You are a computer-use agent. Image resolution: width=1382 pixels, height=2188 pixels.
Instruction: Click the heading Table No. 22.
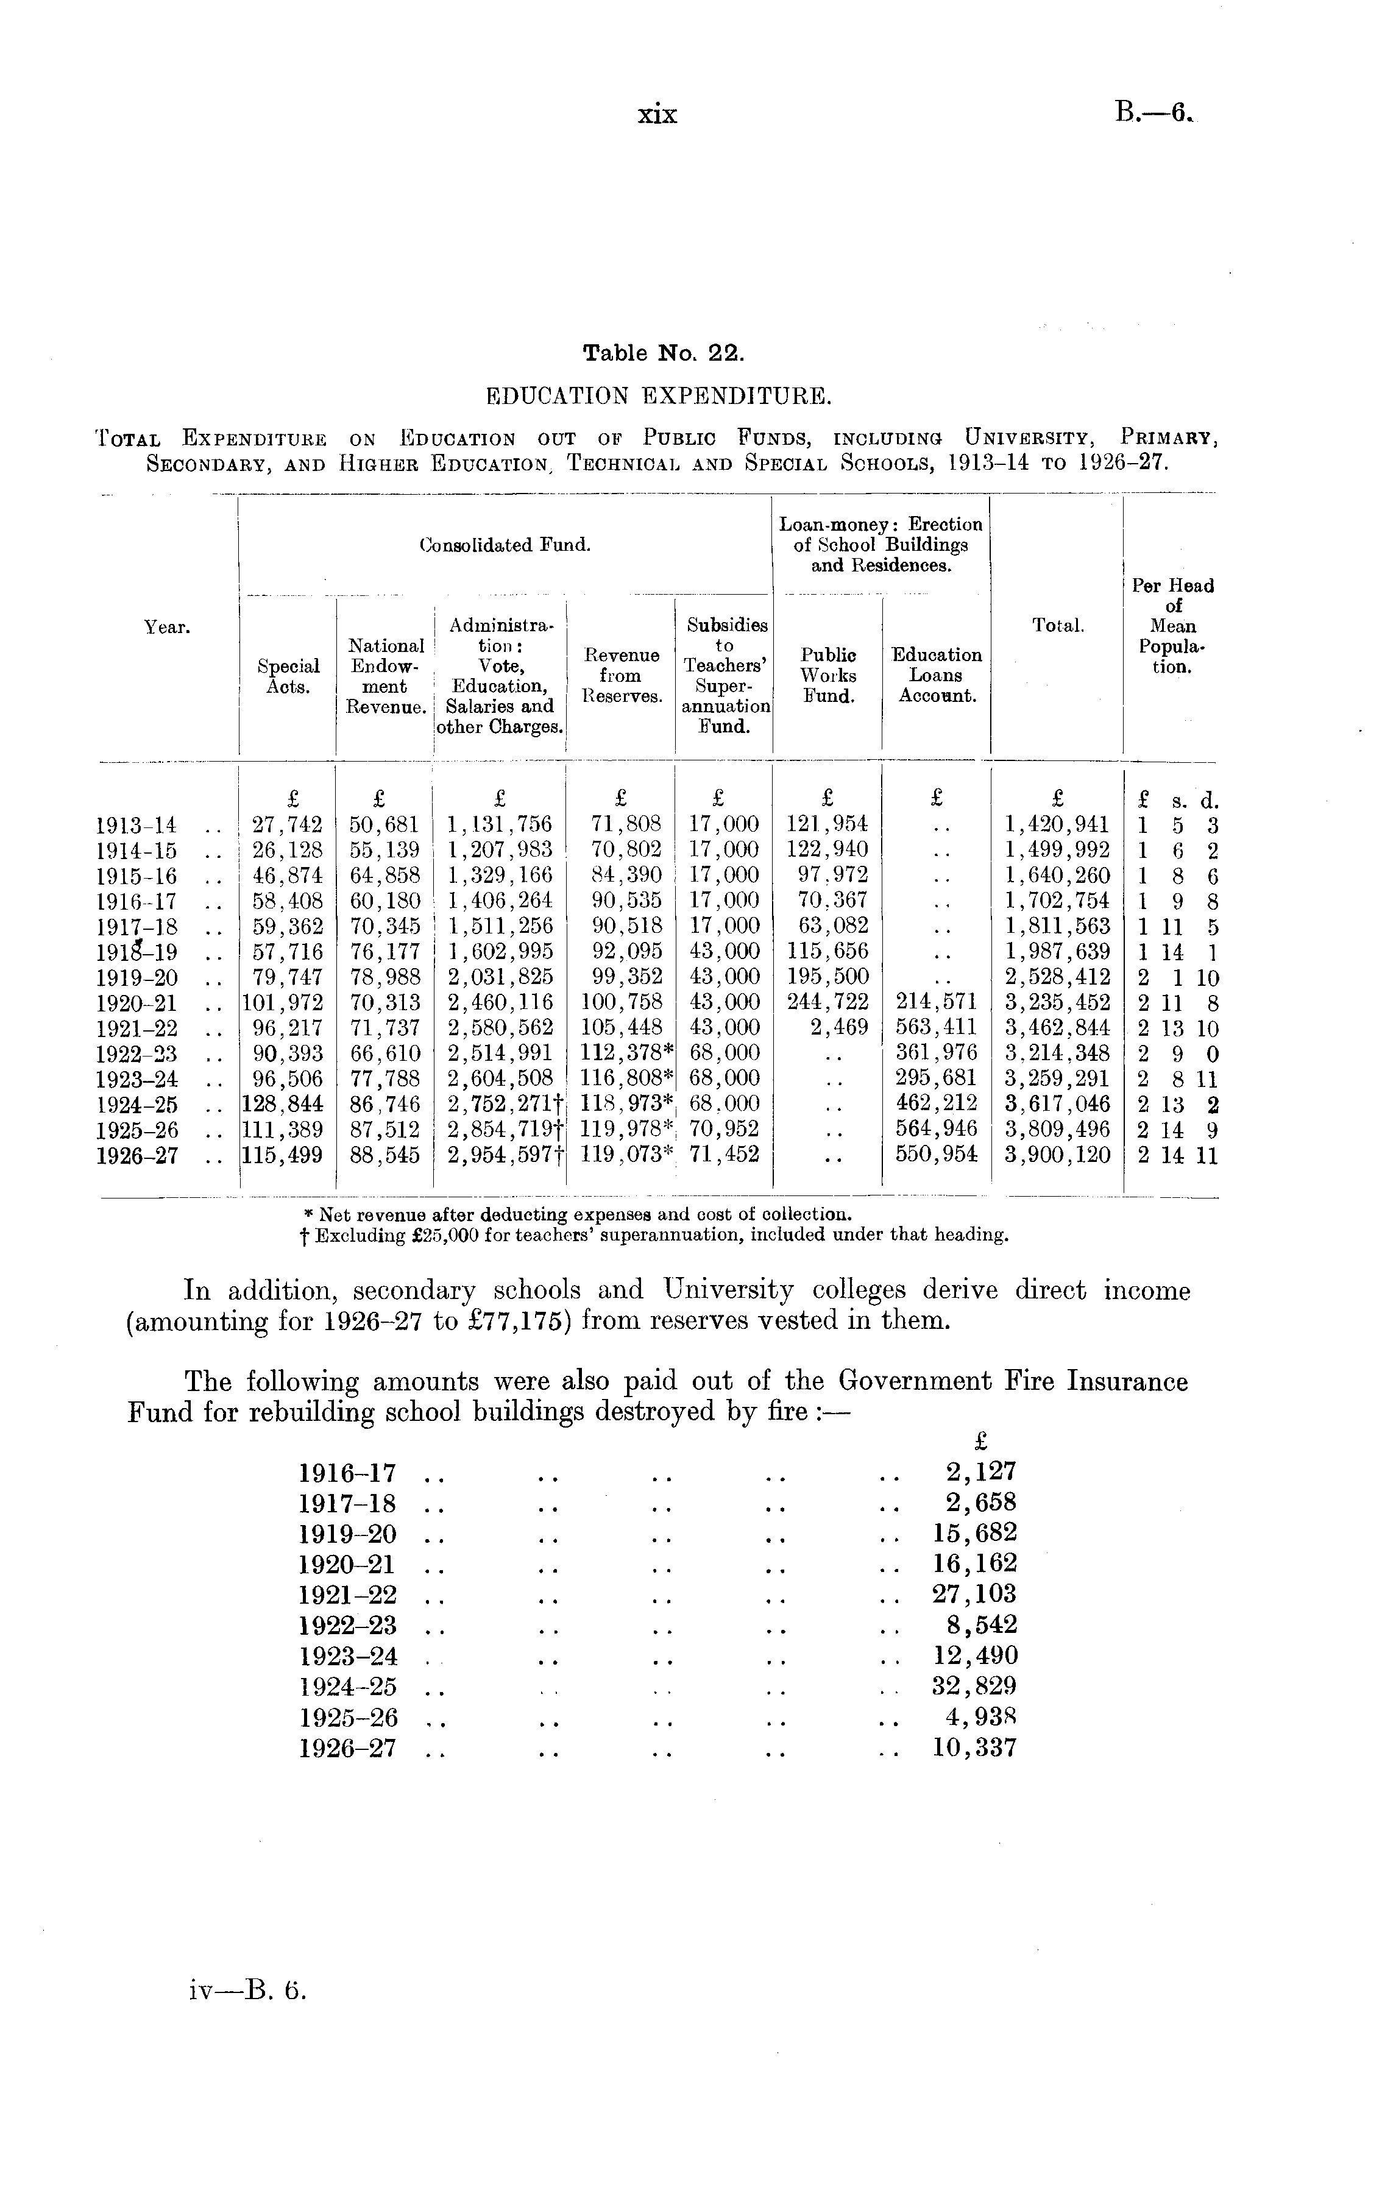[664, 353]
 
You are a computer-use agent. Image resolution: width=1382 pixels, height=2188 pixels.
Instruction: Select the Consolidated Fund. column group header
[505, 546]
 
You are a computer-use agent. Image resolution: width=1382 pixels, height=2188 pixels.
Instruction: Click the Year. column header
[167, 627]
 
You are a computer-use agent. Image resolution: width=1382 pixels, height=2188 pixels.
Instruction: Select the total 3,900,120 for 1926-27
[1057, 1156]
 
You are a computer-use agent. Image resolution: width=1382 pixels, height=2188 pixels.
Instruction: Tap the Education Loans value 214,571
[936, 1002]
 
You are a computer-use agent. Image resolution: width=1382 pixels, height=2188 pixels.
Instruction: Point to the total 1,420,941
[1057, 825]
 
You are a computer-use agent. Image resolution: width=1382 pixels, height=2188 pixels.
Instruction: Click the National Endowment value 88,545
[385, 1156]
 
